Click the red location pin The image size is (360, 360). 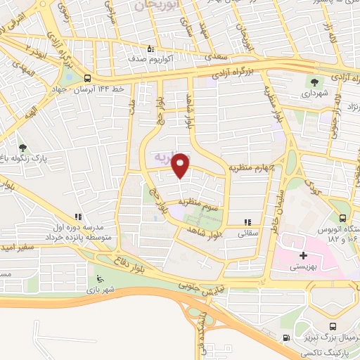click(x=181, y=166)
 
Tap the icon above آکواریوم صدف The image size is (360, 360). click(x=150, y=49)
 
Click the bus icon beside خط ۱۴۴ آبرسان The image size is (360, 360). click(x=87, y=78)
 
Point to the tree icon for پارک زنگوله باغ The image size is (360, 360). click(x=23, y=148)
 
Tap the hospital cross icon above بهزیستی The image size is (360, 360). click(x=303, y=255)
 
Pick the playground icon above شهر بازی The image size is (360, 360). click(x=100, y=278)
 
